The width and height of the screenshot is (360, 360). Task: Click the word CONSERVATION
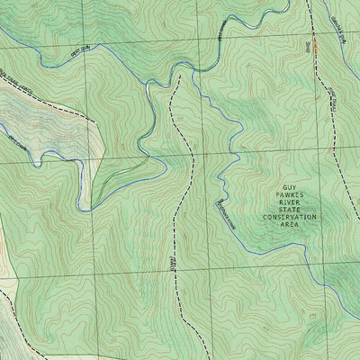(x=289, y=218)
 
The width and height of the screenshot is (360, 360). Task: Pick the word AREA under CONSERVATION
(x=289, y=226)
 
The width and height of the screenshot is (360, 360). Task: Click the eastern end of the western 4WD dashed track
(x=91, y=118)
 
